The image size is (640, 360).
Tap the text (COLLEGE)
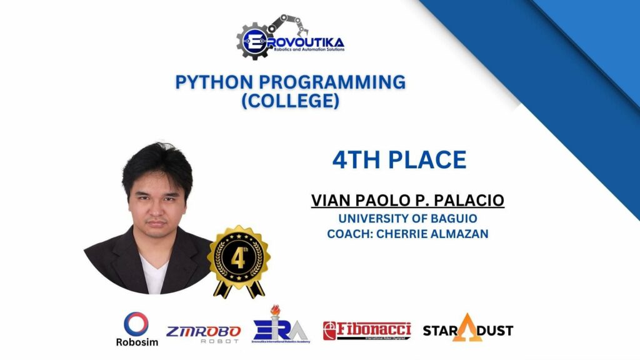291,102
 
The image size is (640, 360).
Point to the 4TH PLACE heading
399,160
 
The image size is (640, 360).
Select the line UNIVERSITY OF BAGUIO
399,219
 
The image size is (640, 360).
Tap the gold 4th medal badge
239,257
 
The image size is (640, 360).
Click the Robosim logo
137,329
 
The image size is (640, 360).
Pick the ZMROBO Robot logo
204,333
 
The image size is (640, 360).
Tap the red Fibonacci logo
367,331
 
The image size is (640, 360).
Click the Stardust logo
467,329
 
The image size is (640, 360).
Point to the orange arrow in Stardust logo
464,327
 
